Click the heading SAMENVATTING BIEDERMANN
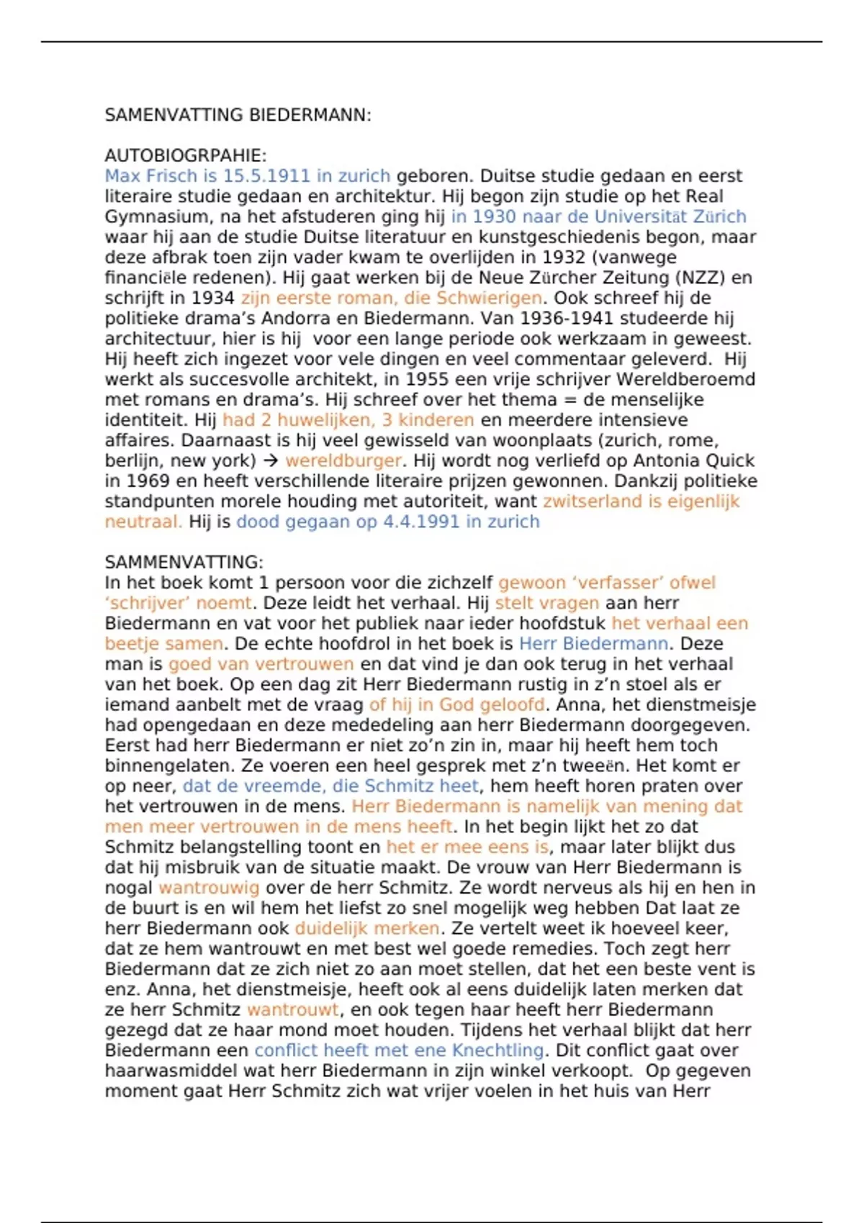point(238,115)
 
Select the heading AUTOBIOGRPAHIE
point(186,155)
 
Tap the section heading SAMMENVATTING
point(184,562)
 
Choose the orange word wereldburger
point(343,460)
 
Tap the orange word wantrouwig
point(209,888)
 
